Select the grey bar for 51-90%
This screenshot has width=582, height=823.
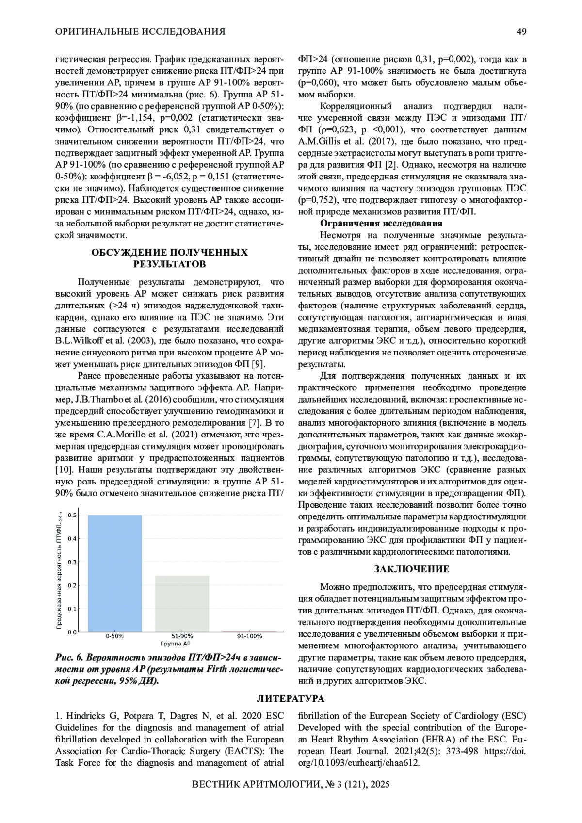pyautogui.click(x=182, y=604)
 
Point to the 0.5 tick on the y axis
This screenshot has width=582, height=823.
pyautogui.click(x=72, y=515)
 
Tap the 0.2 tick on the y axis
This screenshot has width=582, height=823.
pyautogui.click(x=72, y=585)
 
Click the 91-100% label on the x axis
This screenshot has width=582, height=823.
pyautogui.click(x=249, y=636)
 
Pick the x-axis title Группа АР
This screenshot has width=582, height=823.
pyautogui.click(x=175, y=644)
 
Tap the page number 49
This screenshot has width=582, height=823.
pyautogui.click(x=521, y=32)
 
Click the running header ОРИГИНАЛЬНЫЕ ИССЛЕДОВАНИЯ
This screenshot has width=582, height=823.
pyautogui.click(x=140, y=32)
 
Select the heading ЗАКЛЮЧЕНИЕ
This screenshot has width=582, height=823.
pyautogui.click(x=412, y=569)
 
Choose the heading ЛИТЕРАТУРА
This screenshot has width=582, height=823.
pyautogui.click(x=291, y=699)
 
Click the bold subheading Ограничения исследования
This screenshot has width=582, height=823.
pyautogui.click(x=381, y=224)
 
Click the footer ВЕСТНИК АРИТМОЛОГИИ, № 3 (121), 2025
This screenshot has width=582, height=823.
pyautogui.click(x=291, y=784)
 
